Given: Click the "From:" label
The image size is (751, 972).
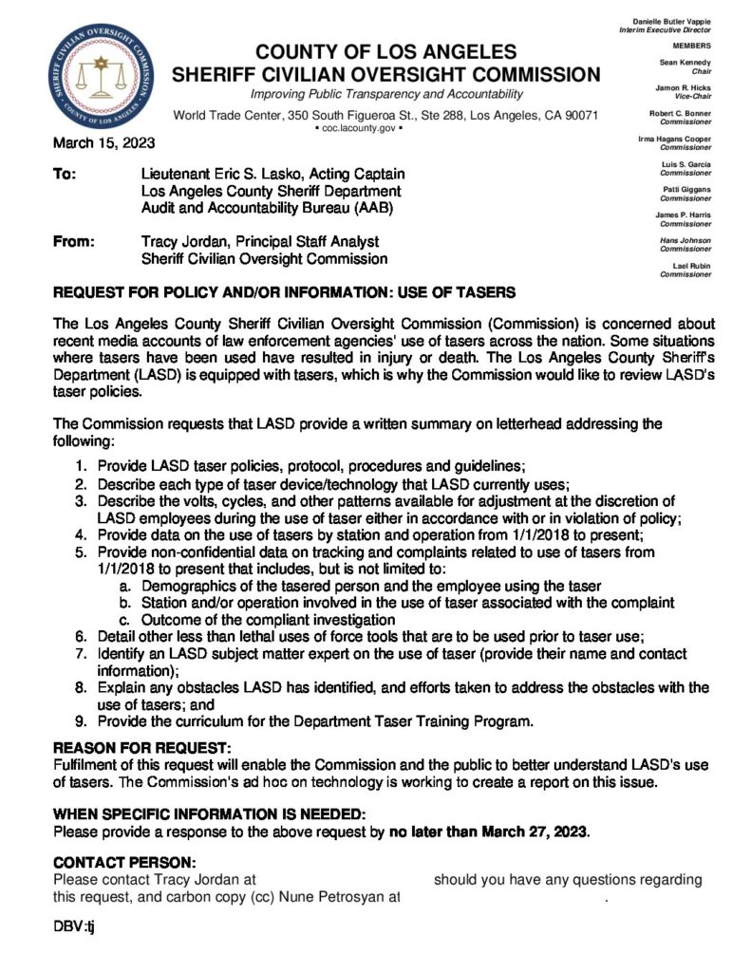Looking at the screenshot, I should point(74,242).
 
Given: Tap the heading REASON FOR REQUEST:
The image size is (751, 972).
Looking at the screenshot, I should point(141,748).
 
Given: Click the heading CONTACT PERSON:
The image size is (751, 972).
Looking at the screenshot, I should point(124,862).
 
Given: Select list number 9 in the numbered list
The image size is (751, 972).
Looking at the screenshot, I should point(81,721).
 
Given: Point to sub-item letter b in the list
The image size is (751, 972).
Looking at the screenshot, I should point(124,603).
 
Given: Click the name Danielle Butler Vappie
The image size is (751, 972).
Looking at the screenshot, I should point(670,22).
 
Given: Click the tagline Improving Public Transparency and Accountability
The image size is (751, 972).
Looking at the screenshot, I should point(385,95).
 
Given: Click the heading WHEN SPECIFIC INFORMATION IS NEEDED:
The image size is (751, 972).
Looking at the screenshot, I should point(208,815).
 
